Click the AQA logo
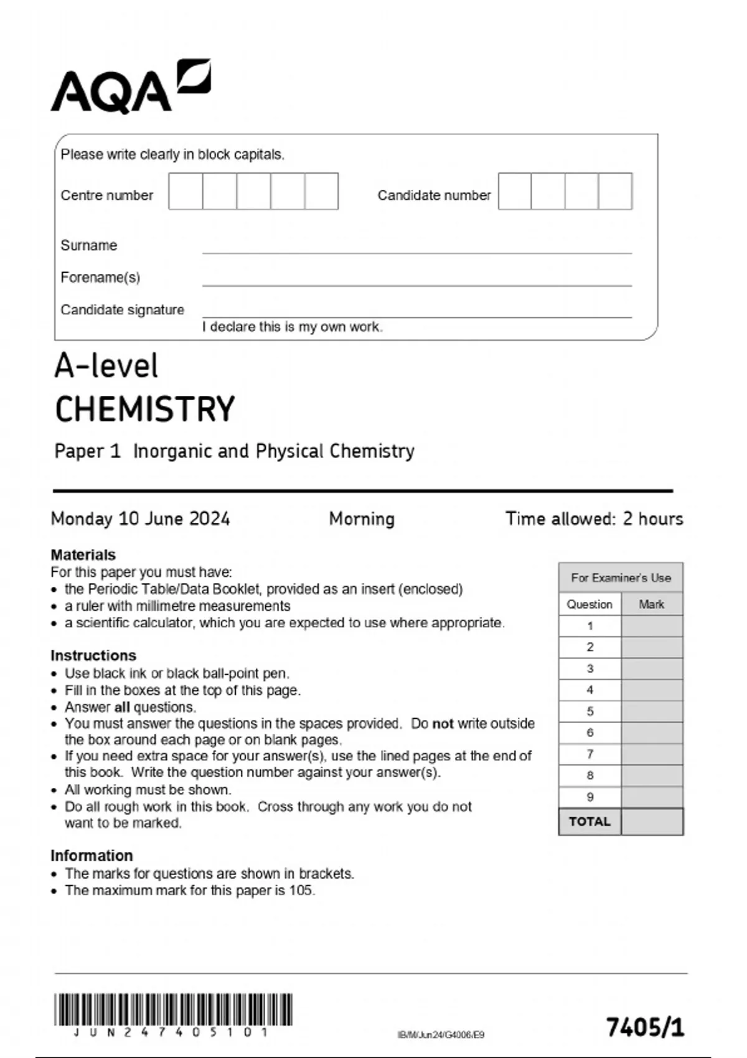[130, 87]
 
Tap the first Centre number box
[186, 191]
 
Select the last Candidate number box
[615, 191]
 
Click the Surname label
[88, 245]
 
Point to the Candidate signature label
[122, 310]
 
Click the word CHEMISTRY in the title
[145, 409]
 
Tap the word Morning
[362, 518]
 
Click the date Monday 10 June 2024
[140, 518]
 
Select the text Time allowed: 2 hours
[594, 518]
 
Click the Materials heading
[83, 555]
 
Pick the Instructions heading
[93, 655]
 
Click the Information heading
[92, 855]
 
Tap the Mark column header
[651, 604]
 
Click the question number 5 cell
[590, 711]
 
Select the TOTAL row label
[590, 822]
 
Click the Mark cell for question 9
[652, 797]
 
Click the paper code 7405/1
[645, 1028]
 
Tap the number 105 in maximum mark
[301, 891]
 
